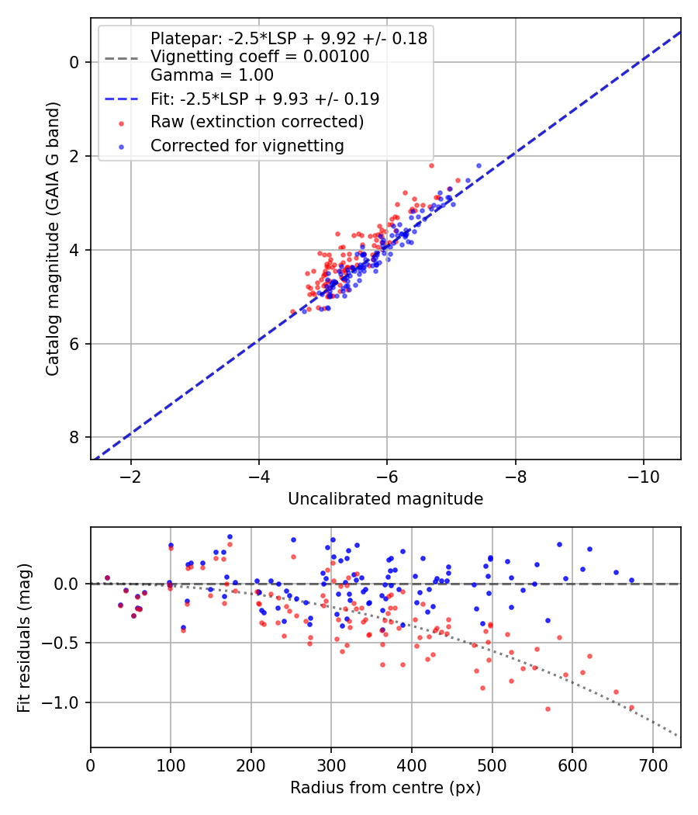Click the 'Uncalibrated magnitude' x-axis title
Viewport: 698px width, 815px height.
(x=385, y=499)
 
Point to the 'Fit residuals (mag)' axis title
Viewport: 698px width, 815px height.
(x=24, y=636)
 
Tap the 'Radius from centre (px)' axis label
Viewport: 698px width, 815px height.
(x=385, y=788)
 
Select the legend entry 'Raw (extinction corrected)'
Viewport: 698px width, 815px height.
(x=257, y=122)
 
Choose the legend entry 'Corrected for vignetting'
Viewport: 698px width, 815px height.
(x=247, y=145)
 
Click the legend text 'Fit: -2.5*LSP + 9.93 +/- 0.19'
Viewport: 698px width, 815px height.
(x=264, y=99)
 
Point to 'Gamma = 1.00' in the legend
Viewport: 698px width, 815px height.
(x=212, y=75)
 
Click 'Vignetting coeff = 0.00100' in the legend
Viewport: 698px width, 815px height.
(x=260, y=57)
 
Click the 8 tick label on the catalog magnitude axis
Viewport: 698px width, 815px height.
(x=75, y=438)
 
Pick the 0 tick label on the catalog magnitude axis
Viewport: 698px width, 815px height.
(x=75, y=62)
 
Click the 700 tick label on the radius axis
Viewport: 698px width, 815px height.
(x=652, y=764)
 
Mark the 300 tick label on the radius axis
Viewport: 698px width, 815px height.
(x=331, y=764)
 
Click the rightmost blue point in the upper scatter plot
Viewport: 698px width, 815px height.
(x=479, y=165)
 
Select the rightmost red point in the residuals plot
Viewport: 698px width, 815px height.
(x=631, y=707)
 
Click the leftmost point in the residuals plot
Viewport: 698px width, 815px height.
(x=107, y=577)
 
